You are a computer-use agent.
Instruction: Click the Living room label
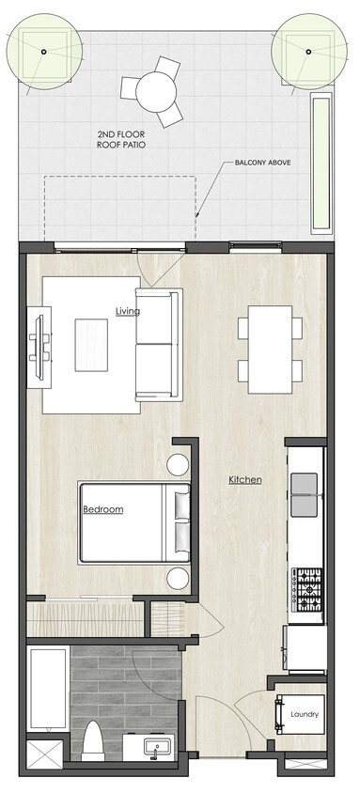pos(127,311)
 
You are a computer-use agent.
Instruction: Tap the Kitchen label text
pos(244,480)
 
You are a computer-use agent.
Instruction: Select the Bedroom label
pos(103,509)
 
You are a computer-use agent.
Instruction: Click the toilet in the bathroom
pos(92,740)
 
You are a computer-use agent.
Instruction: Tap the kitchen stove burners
pos(309,590)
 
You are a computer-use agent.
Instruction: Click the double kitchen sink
pos(306,495)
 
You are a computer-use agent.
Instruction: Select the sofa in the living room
pos(158,345)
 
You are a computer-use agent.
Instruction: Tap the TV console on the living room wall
pos(39,345)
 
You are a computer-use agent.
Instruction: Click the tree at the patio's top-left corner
pos(41,50)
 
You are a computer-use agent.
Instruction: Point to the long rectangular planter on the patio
pos(320,163)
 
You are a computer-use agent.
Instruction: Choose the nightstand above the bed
pos(179,464)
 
